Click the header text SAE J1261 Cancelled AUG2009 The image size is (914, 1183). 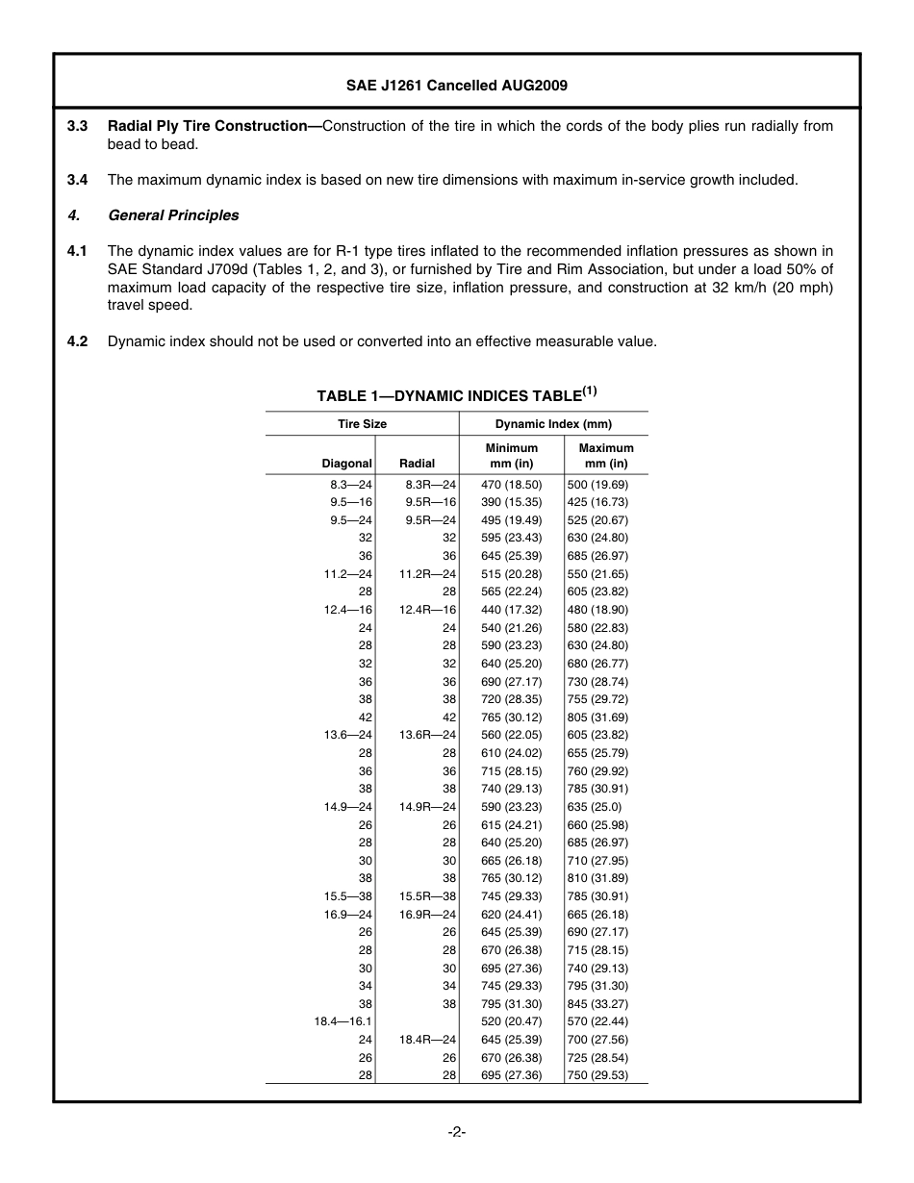point(456,86)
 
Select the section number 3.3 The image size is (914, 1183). point(78,126)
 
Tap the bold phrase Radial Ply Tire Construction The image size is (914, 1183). point(214,126)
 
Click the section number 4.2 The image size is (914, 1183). point(78,341)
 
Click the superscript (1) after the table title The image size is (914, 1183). point(589,390)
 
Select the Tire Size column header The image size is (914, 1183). point(362,424)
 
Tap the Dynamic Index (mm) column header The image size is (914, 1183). point(553,424)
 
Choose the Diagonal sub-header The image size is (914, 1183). point(346,464)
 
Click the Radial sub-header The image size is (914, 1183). point(417,464)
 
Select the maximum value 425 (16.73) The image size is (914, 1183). point(597,502)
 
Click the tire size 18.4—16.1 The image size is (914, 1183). point(343,1021)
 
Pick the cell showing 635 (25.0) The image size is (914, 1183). point(595,807)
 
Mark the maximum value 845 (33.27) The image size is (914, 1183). point(597,1004)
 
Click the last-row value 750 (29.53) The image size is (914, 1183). point(597,1075)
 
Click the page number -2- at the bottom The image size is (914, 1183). point(457,1133)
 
